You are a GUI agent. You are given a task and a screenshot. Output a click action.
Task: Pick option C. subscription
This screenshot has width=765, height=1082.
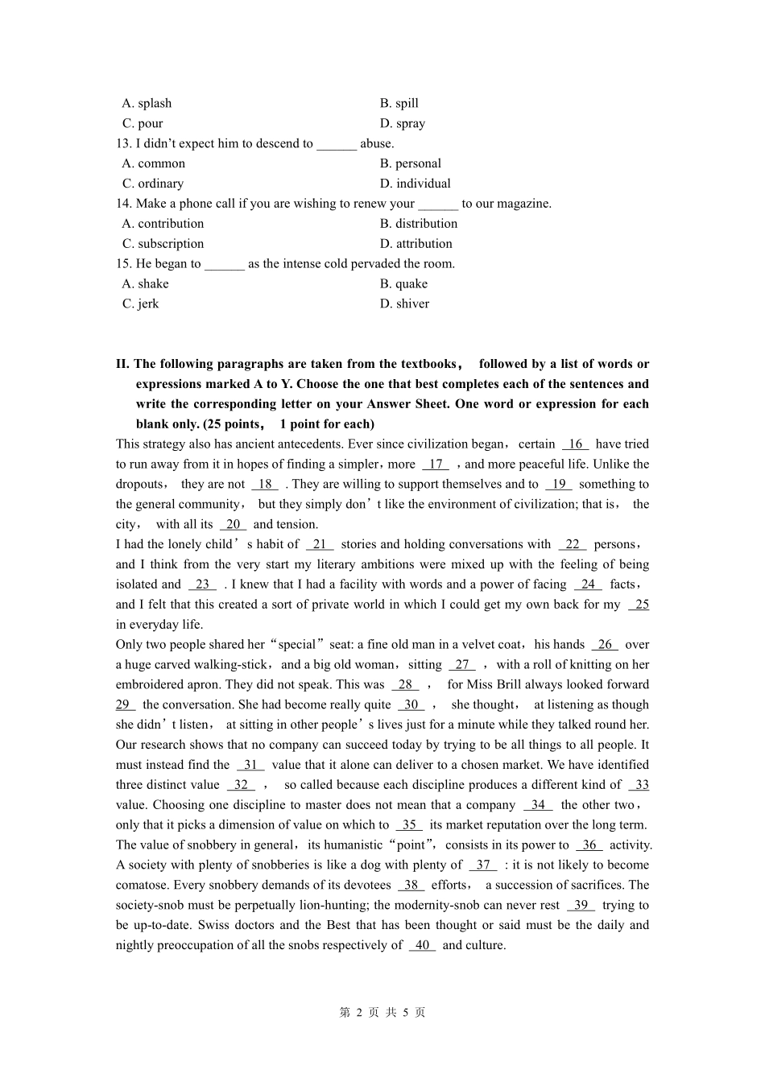[x=163, y=244]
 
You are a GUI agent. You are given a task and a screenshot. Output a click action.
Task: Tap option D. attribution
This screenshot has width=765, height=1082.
[x=416, y=244]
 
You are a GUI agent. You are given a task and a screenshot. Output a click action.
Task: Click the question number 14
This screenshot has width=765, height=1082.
[x=123, y=204]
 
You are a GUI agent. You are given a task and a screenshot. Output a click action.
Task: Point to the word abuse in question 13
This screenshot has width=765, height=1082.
[x=377, y=143]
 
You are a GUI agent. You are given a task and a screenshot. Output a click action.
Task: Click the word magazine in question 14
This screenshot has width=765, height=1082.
[x=523, y=204]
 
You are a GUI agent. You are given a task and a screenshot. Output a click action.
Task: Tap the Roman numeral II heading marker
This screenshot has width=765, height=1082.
[x=122, y=364]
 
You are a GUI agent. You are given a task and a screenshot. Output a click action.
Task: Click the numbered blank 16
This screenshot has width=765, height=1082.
[x=575, y=444]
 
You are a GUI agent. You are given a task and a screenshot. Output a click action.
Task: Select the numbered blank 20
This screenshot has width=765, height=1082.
[x=233, y=525]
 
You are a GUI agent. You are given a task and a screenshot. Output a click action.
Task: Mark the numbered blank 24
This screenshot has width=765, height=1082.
[x=588, y=585]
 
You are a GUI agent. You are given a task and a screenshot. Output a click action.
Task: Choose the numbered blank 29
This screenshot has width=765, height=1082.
[x=125, y=705]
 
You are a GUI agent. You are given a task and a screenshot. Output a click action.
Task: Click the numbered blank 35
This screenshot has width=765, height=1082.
[x=409, y=825]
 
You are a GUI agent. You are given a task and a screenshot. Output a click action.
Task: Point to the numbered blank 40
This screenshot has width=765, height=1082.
[x=422, y=946]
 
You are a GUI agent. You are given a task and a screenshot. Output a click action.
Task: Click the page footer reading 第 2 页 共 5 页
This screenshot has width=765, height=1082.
[x=382, y=1013]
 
